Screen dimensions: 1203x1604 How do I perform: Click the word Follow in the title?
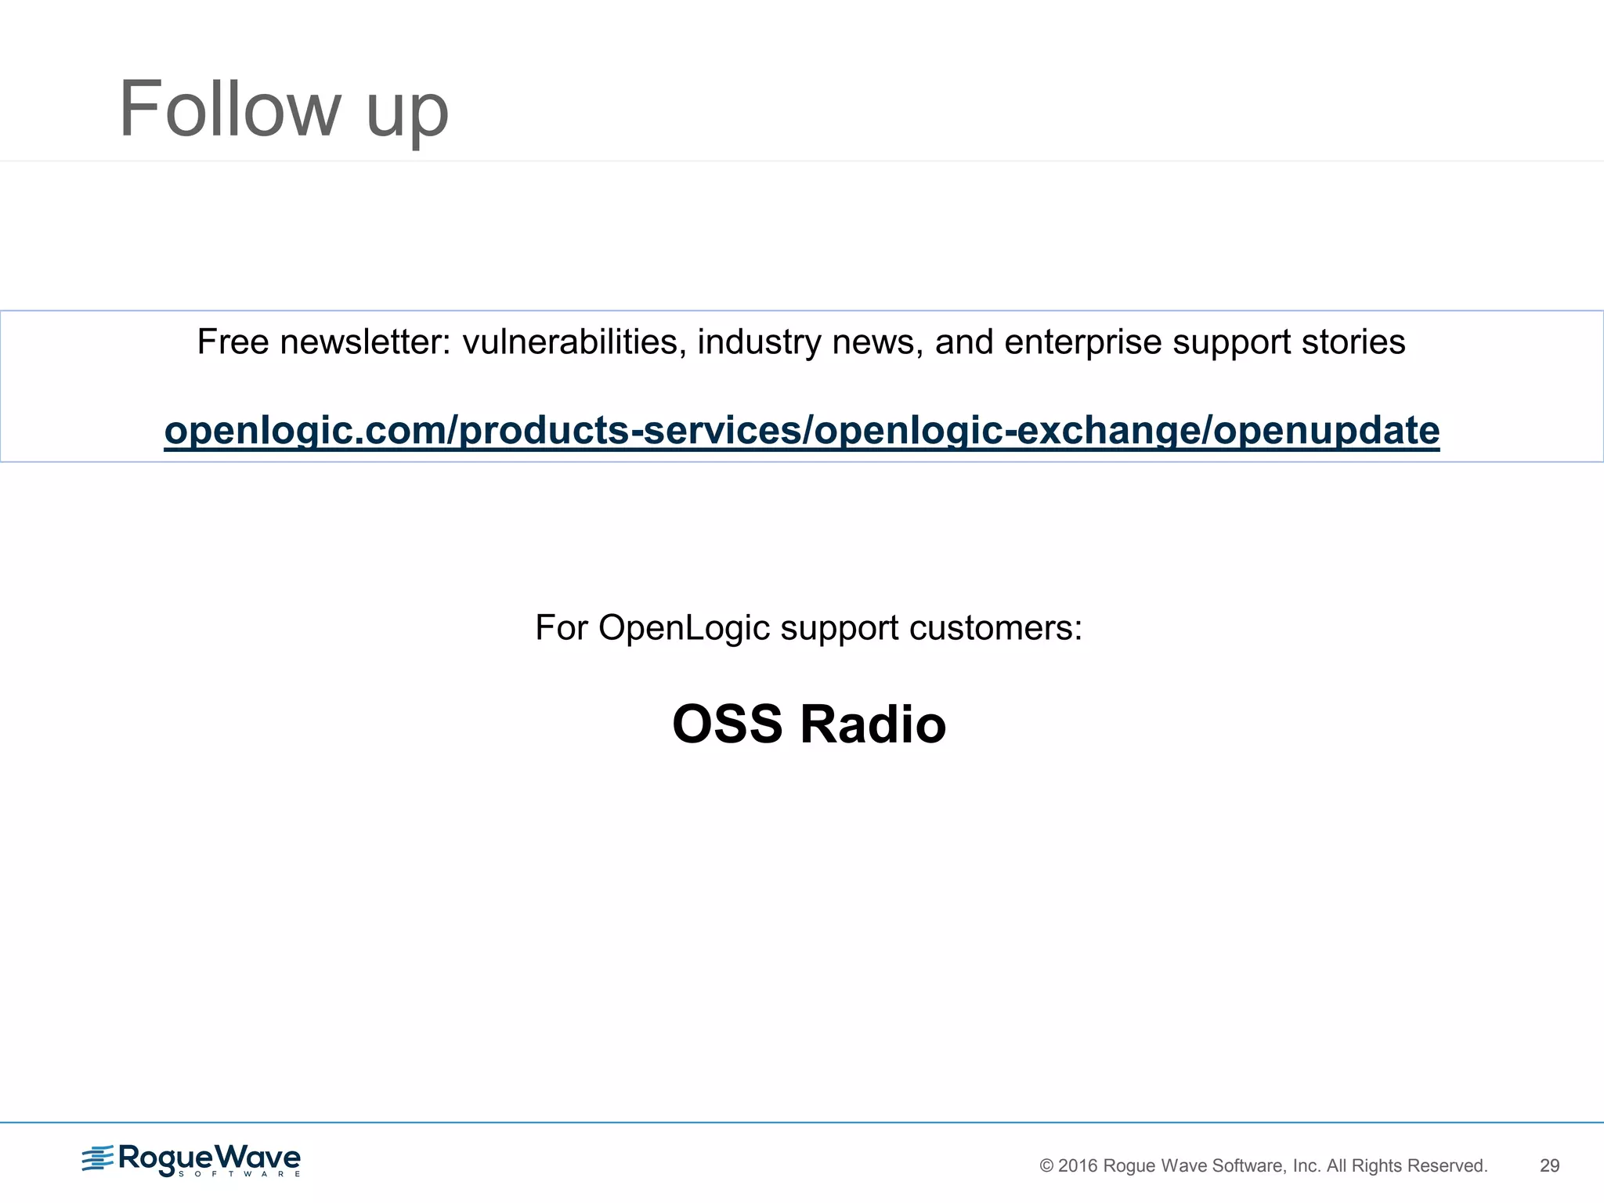pyautogui.click(x=229, y=109)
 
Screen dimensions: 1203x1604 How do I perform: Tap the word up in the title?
pyautogui.click(x=407, y=114)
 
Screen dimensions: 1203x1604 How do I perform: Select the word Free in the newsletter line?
pyautogui.click(x=233, y=342)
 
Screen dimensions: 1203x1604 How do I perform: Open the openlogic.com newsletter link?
pyautogui.click(x=801, y=431)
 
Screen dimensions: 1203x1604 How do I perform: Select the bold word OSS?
pyautogui.click(x=727, y=724)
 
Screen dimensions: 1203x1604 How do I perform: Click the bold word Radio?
pyautogui.click(x=872, y=724)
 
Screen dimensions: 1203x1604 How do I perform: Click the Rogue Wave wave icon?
pyautogui.click(x=98, y=1158)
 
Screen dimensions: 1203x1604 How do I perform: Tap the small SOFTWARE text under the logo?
pyautogui.click(x=239, y=1174)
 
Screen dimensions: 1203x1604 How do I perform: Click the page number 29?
pyautogui.click(x=1549, y=1165)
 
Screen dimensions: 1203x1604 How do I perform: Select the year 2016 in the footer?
pyautogui.click(x=1078, y=1165)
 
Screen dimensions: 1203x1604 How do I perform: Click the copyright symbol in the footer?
pyautogui.click(x=1046, y=1165)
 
